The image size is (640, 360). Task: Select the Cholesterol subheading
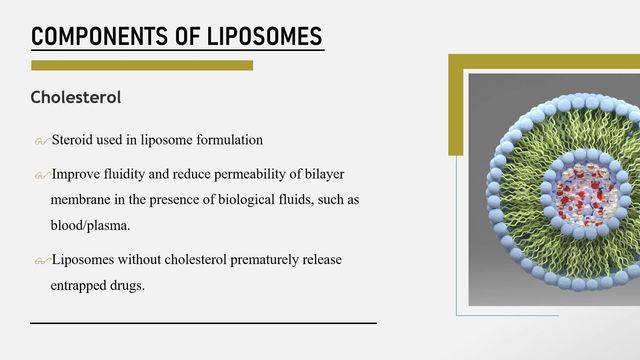coord(76,99)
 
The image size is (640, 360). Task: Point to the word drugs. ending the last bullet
coord(131,285)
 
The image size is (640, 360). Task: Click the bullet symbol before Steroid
coord(40,141)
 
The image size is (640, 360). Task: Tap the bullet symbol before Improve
coord(40,175)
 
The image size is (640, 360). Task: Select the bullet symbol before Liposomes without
coord(40,262)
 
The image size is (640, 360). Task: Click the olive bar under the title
coord(141,66)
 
